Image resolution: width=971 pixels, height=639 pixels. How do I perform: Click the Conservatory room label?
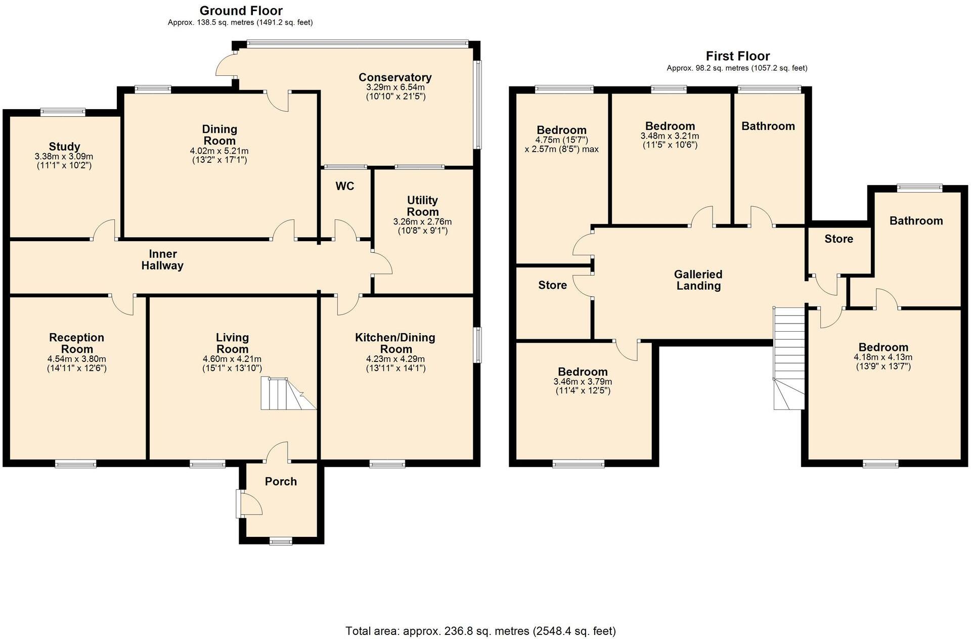(395, 77)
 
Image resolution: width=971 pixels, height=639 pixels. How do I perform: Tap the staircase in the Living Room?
(286, 394)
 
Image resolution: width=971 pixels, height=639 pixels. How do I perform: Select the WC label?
(345, 187)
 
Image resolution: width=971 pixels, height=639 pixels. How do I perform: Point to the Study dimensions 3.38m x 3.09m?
(64, 157)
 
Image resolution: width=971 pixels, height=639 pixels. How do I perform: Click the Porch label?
(281, 482)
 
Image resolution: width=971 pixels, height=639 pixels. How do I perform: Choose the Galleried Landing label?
(698, 280)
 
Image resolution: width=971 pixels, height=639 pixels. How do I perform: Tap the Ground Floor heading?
(241, 11)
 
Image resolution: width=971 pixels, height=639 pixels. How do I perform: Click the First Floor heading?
(737, 56)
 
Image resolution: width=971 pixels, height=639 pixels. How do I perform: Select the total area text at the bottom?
(480, 631)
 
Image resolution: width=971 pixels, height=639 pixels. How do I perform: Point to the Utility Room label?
(423, 206)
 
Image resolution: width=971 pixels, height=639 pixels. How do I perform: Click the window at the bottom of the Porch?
(281, 541)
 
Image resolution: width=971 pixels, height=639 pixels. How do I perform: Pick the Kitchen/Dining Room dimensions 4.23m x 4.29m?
(395, 359)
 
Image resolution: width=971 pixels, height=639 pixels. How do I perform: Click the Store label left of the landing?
(552, 285)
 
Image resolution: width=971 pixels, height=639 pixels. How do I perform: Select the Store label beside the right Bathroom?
(838, 239)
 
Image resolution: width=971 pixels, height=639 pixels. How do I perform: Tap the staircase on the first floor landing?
(789, 359)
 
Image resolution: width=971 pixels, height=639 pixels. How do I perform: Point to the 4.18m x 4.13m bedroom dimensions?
(883, 357)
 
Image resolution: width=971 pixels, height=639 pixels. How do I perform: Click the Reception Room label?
(77, 343)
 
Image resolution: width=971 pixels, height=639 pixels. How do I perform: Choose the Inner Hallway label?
(162, 260)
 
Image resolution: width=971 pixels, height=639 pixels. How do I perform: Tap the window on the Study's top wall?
(63, 112)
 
